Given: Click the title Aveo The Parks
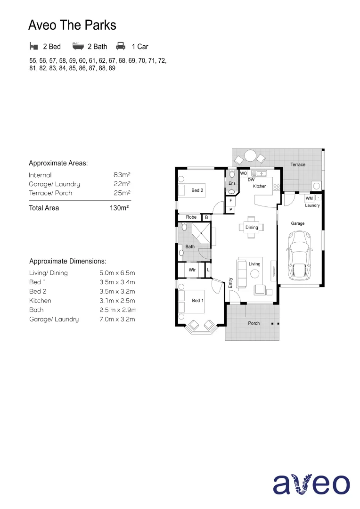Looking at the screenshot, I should point(72,25).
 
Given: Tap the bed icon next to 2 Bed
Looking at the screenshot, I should point(33,46).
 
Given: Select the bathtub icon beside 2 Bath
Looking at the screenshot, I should point(78,46).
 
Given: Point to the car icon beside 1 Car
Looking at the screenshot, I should point(121,46).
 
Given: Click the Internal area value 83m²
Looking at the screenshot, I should point(122,175).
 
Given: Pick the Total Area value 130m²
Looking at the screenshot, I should point(119,208).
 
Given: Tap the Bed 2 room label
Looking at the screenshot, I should point(197,191).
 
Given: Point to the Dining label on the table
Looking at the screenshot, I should point(252,228).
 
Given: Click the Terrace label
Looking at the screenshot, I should point(298,164).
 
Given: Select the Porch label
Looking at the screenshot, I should point(254,323).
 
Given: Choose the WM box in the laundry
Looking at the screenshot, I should point(309,198).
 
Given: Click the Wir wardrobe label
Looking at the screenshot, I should point(192,270).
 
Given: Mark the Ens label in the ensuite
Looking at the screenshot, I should point(232,183).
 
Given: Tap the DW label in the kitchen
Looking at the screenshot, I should point(251,180).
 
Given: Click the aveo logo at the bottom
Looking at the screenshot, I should point(311,484).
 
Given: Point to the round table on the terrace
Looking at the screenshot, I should point(250,156).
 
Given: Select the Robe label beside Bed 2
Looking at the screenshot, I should point(191,217).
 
